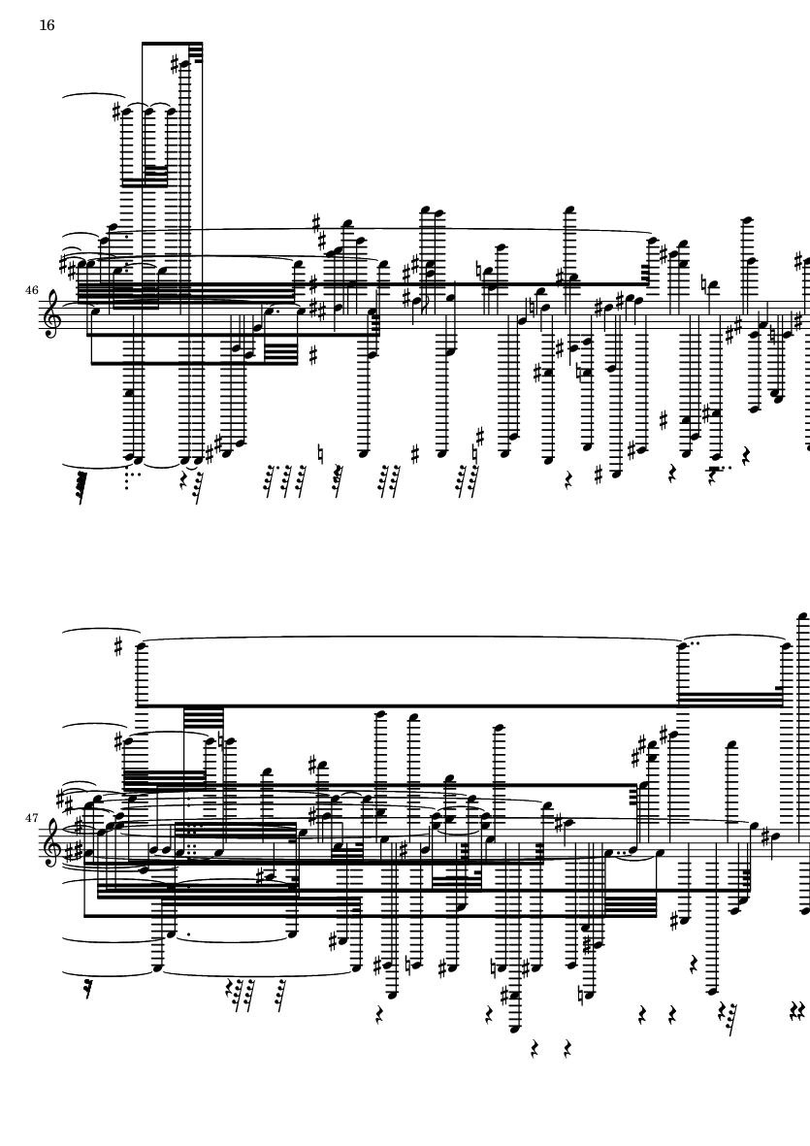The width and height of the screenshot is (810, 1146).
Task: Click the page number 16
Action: (47, 25)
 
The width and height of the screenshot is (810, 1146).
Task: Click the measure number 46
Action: (32, 290)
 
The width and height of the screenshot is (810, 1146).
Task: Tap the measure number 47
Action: (32, 818)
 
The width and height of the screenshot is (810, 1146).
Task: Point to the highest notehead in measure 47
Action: (802, 616)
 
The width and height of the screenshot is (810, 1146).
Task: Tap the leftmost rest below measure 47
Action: (89, 989)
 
